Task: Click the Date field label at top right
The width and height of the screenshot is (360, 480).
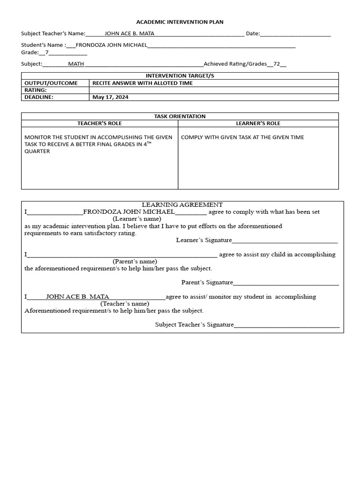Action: click(253, 34)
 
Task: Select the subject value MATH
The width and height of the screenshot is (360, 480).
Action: click(76, 64)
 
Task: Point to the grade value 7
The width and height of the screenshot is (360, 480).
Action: click(47, 52)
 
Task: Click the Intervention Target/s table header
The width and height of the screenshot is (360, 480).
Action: click(180, 76)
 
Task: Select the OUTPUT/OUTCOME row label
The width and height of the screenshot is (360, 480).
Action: click(51, 83)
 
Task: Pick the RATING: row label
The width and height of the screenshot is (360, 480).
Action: click(36, 90)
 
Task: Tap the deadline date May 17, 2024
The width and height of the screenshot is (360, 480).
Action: click(110, 97)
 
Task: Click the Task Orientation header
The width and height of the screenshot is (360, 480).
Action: click(180, 116)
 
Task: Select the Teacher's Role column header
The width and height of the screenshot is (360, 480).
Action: click(99, 123)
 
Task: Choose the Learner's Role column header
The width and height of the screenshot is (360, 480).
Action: click(258, 123)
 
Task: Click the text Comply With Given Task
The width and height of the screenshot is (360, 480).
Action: click(242, 137)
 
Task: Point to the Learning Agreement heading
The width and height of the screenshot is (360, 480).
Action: click(182, 205)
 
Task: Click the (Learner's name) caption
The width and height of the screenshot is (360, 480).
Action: click(137, 219)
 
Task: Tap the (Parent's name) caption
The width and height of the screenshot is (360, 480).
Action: click(135, 262)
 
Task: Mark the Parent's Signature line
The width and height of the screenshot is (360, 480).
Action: click(286, 283)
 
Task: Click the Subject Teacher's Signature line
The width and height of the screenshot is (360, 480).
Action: click(287, 325)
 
